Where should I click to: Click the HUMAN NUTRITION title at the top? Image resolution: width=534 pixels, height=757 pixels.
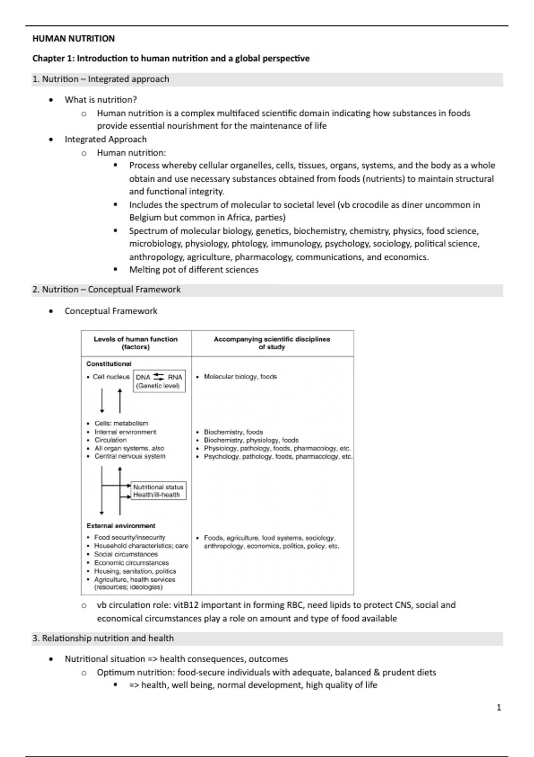[x=73, y=39]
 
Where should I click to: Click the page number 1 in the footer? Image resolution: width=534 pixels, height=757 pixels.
[x=499, y=707]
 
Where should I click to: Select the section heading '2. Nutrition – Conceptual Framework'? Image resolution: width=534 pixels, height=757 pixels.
[x=106, y=289]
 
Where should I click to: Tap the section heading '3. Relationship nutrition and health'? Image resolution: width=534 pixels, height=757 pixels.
[x=103, y=638]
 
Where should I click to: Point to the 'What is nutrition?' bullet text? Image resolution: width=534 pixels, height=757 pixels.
[x=101, y=100]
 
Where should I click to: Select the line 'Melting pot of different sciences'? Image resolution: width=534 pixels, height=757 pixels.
[x=194, y=269]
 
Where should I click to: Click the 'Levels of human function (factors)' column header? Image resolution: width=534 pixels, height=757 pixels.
[x=136, y=343]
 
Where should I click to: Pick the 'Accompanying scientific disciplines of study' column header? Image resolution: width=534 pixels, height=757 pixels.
[x=272, y=343]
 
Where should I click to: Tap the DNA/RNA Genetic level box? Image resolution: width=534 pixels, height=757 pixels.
[x=159, y=381]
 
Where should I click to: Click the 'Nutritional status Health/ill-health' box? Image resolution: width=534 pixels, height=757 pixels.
[x=158, y=491]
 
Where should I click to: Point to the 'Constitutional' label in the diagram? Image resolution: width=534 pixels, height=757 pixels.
[x=109, y=364]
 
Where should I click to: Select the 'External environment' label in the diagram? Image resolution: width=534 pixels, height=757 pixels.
[x=121, y=525]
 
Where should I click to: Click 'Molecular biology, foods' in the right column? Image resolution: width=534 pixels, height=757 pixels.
[x=240, y=377]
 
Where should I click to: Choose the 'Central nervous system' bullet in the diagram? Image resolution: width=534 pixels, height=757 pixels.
[x=130, y=456]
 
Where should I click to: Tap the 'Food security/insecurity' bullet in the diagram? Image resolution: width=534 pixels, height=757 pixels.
[x=129, y=537]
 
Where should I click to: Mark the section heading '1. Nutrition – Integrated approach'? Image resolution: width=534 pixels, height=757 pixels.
[x=101, y=79]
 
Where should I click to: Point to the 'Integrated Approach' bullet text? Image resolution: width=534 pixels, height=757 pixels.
[x=105, y=139]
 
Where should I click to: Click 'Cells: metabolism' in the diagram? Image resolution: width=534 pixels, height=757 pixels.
[x=121, y=423]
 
